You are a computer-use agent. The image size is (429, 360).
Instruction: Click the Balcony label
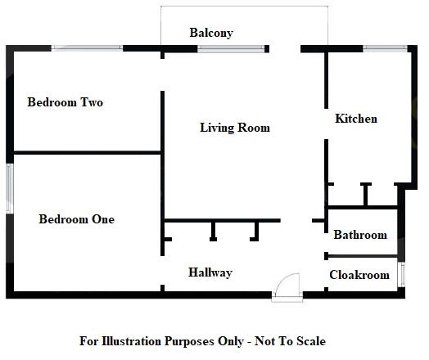(211, 33)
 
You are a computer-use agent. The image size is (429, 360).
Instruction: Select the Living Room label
(235, 128)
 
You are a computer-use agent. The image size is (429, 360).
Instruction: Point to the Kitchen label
(356, 119)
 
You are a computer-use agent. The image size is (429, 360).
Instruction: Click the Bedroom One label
(77, 219)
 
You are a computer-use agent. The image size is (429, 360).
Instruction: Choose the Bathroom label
(359, 235)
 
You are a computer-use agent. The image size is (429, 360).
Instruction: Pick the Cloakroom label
(359, 275)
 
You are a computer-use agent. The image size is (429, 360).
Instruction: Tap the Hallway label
(210, 272)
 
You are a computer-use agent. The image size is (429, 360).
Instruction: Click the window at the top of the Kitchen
(382, 48)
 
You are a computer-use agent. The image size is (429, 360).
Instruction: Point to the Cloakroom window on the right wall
(401, 275)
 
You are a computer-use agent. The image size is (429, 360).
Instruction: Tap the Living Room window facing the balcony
(224, 48)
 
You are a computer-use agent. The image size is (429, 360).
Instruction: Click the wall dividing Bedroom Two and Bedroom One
(86, 152)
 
